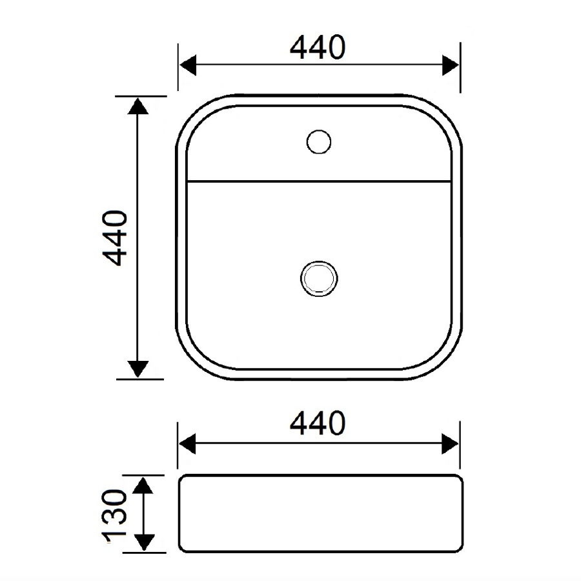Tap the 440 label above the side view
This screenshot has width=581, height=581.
(x=318, y=423)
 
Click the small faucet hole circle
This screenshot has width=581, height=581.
(x=318, y=141)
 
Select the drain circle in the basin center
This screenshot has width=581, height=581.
(x=318, y=278)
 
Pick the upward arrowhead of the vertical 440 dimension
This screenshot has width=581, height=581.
(x=137, y=105)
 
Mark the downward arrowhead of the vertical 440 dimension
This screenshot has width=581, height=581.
(x=137, y=369)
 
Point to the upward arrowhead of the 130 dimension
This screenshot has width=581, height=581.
(x=145, y=485)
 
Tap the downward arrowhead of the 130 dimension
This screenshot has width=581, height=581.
(x=145, y=542)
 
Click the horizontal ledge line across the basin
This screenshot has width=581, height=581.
(x=318, y=181)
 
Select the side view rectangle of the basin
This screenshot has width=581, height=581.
(x=320, y=514)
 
